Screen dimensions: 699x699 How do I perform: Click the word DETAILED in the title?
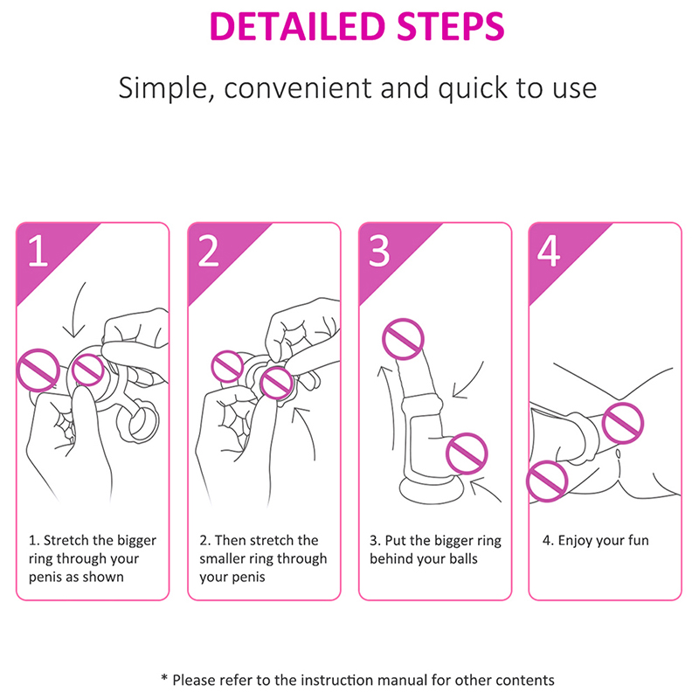tap(297, 27)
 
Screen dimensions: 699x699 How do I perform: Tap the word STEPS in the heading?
tap(451, 27)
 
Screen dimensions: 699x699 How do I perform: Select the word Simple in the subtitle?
tap(163, 88)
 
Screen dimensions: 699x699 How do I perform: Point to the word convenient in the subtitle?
tap(298, 87)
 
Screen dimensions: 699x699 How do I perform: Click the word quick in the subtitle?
tap(473, 88)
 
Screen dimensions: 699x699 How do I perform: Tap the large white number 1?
tap(38, 251)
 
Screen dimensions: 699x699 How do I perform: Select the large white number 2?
tap(209, 251)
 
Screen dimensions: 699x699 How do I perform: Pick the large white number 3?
tap(379, 251)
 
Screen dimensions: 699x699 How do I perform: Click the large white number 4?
tap(549, 251)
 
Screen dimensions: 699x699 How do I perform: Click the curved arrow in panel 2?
tap(311, 428)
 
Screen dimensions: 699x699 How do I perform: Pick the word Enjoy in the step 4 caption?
tap(576, 541)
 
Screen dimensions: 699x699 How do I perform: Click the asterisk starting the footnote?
tap(164, 678)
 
